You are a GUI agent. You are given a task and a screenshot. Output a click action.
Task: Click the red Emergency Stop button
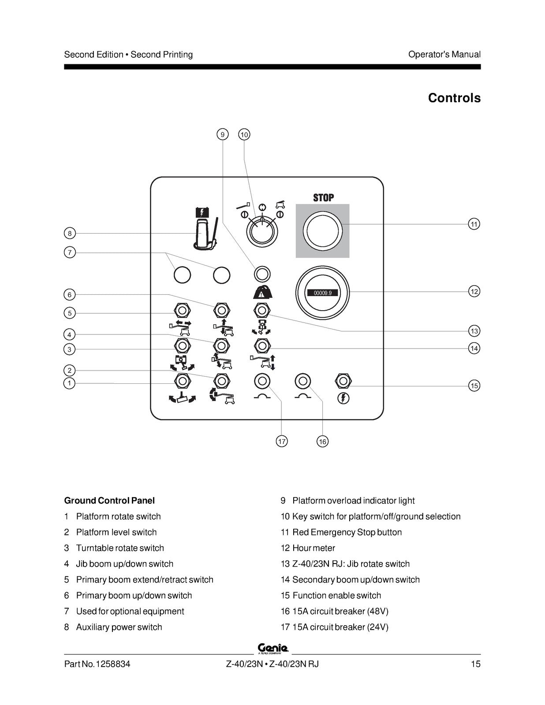(323, 231)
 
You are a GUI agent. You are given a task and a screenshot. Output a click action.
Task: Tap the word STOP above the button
(323, 197)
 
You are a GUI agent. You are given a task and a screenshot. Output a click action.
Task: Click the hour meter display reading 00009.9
(323, 293)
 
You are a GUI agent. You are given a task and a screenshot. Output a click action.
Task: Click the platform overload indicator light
(262, 274)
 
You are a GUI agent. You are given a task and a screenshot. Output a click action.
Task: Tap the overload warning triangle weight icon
(263, 292)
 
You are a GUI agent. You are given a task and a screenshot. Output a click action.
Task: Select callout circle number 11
(474, 224)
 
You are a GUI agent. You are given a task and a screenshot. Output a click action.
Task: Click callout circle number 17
(281, 441)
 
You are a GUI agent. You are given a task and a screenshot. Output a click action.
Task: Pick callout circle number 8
(70, 233)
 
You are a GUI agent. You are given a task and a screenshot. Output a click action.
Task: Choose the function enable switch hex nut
(343, 381)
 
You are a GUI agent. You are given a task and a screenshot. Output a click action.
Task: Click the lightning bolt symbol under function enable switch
(343, 398)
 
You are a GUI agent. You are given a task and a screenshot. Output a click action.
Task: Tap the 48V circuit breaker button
(302, 381)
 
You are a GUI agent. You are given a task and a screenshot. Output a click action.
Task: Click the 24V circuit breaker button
(262, 381)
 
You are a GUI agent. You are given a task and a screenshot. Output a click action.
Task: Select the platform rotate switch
(183, 381)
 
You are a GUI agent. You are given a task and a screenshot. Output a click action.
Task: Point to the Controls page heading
(454, 98)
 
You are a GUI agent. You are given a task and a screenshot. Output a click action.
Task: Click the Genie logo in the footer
(272, 648)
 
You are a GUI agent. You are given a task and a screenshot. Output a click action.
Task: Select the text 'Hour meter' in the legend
(314, 548)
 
